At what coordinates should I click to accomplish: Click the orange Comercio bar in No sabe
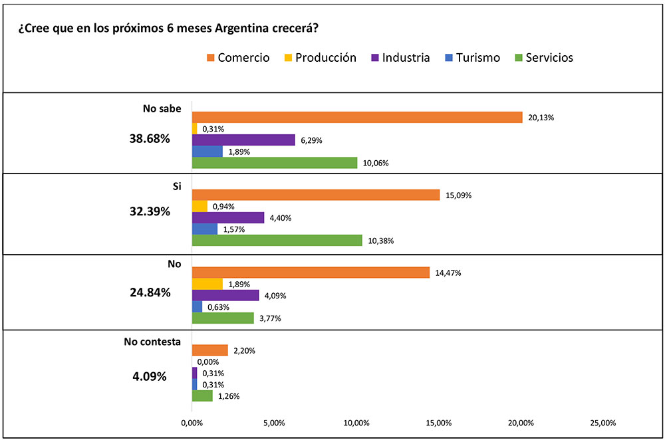pyautogui.click(x=357, y=117)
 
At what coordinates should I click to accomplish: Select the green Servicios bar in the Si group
pyautogui.click(x=277, y=240)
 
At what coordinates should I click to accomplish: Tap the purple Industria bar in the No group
pyautogui.click(x=225, y=295)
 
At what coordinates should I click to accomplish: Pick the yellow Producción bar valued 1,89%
pyautogui.click(x=207, y=284)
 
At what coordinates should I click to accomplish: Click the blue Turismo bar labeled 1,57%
pyautogui.click(x=205, y=229)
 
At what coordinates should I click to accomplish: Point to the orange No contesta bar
pyautogui.click(x=209, y=350)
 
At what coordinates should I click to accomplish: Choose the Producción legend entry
pyautogui.click(x=319, y=57)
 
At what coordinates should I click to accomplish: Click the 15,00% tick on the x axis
pyautogui.click(x=439, y=423)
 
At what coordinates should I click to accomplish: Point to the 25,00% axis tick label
pyautogui.click(x=603, y=423)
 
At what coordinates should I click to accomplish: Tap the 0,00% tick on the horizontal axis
pyautogui.click(x=192, y=423)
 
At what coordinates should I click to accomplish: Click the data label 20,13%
pyautogui.click(x=541, y=118)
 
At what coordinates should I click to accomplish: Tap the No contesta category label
pyautogui.click(x=152, y=342)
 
